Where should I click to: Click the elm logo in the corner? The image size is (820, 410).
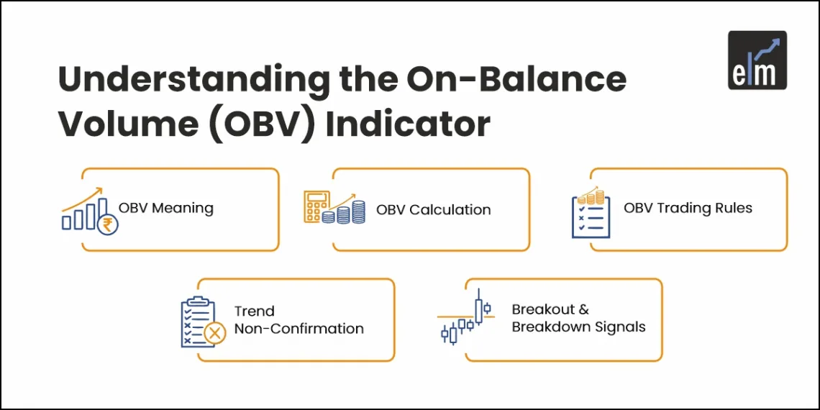pos(757,60)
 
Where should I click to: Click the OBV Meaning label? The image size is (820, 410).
pos(166,209)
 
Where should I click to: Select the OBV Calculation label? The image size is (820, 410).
pos(433,210)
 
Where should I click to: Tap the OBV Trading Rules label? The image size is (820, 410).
pos(688,209)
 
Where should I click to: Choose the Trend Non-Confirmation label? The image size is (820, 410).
pos(299,320)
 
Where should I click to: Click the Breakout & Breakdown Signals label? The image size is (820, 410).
pos(578,319)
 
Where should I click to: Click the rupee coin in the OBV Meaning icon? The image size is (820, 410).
pos(109,226)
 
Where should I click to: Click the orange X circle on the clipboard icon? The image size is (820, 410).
pos(214,333)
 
